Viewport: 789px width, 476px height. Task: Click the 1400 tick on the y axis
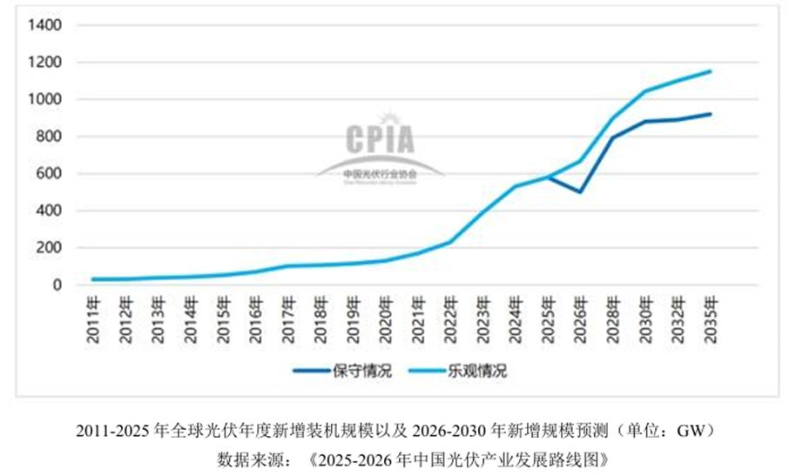click(44, 25)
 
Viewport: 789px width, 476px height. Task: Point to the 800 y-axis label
click(47, 137)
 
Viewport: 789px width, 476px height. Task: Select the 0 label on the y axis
click(57, 285)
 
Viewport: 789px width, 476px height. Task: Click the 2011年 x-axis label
click(96, 320)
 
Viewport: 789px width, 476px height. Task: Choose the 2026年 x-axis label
click(579, 320)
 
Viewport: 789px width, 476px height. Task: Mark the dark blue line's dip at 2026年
click(579, 191)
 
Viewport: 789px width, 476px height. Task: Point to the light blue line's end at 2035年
click(711, 71)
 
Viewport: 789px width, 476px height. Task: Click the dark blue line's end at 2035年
click(711, 114)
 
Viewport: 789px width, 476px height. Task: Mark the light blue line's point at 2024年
click(515, 186)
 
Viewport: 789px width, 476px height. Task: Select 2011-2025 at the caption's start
click(110, 431)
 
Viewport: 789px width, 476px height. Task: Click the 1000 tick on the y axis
click(44, 99)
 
